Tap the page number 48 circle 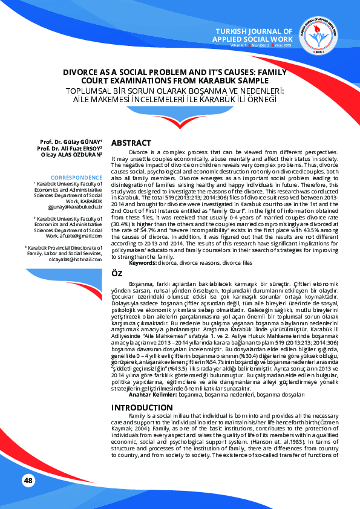[x=28, y=480]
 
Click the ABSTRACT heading [x=131, y=142]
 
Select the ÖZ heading [x=117, y=274]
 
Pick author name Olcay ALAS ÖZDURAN [x=70, y=154]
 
